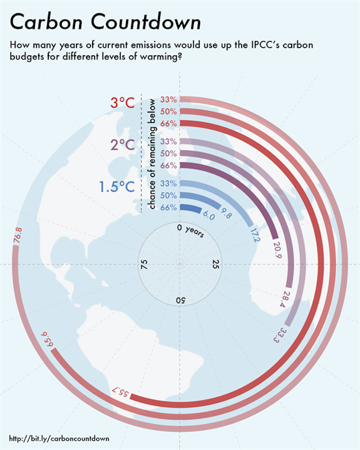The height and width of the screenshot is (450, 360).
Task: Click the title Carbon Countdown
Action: (x=106, y=22)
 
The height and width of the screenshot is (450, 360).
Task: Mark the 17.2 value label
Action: (x=254, y=235)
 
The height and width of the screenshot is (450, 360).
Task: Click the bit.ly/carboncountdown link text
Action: (x=59, y=438)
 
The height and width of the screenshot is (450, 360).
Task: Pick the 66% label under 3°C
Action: (x=169, y=124)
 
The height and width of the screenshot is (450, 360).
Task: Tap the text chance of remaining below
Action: (x=152, y=155)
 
